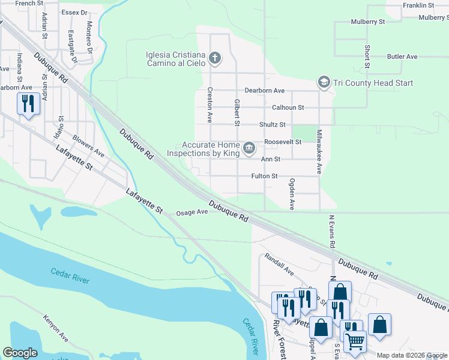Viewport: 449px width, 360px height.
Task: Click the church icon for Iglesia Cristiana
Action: pos(215,58)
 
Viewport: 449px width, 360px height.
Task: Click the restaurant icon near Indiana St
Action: pos(28,104)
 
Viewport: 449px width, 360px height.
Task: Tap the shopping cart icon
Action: pos(355,341)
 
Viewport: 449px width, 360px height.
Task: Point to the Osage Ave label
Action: pos(191,212)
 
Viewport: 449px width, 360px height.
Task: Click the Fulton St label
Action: pos(265,176)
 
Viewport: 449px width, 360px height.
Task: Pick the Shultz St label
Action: pos(272,125)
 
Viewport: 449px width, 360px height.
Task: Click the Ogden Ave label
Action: pos(292,194)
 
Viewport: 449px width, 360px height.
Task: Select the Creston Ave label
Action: pos(210,105)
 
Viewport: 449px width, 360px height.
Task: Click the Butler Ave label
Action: pos(402,57)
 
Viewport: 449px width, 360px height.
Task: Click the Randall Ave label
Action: pos(279,264)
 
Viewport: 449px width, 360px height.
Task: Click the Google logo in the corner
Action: pos(20,353)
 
